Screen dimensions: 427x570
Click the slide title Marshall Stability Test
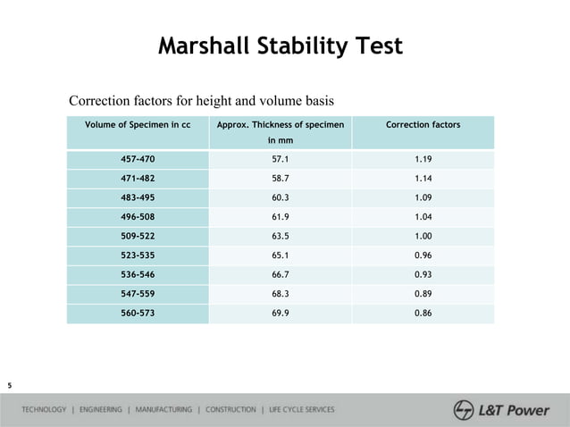click(x=280, y=46)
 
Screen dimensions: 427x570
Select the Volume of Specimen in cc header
click(x=138, y=124)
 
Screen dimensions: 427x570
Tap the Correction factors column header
click(x=423, y=124)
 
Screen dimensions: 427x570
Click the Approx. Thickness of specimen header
click(x=280, y=124)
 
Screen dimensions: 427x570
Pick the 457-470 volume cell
click(x=138, y=159)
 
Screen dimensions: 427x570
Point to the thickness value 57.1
click(x=280, y=159)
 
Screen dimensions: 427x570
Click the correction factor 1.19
click(x=423, y=159)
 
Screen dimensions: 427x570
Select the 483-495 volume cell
click(x=138, y=197)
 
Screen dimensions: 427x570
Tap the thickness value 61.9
click(x=280, y=217)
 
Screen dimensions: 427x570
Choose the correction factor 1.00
click(x=423, y=237)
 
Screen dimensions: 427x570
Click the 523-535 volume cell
click(x=138, y=255)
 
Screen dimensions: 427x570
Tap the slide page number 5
click(x=9, y=385)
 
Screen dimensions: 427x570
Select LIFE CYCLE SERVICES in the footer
click(x=302, y=410)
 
